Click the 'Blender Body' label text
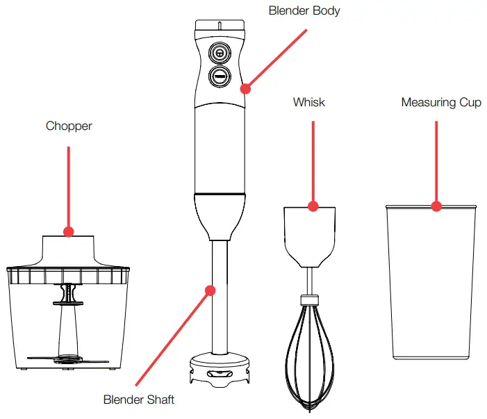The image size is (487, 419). [304, 11]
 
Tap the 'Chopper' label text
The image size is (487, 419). [69, 126]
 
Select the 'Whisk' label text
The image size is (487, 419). [308, 102]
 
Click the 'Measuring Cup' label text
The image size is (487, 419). [440, 102]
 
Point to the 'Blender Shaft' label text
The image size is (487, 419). [139, 400]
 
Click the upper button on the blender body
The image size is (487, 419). [220, 54]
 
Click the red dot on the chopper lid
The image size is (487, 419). [69, 231]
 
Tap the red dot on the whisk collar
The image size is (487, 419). [313, 206]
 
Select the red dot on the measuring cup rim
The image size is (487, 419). [436, 206]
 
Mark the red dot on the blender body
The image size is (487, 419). [245, 88]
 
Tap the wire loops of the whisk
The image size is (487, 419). [309, 361]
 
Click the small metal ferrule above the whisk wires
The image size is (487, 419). [309, 300]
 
